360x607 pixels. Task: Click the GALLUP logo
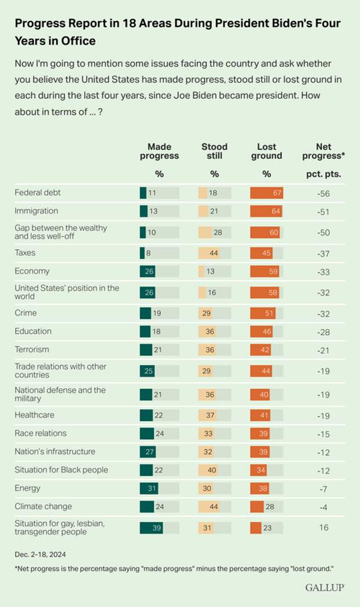point(325,588)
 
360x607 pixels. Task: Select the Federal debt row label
point(38,192)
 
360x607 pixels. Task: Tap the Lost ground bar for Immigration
point(265,211)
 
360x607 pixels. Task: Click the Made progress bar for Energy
point(149,488)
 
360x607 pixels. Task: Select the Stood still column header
point(214,151)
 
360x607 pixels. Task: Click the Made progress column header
point(159,151)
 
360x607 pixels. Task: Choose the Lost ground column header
point(267,151)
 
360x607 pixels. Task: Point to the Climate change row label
point(44,507)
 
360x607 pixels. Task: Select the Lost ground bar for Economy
point(264,271)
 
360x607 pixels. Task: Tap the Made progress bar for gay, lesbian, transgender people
point(151,527)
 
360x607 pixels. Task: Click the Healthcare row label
point(35,414)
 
